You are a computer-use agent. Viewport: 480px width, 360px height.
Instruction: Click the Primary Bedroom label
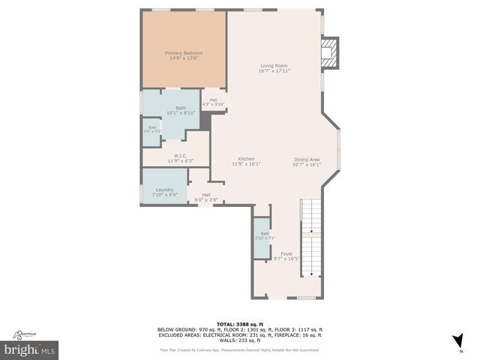pos(184,53)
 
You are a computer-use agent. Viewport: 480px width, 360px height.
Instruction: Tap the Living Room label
pos(274,65)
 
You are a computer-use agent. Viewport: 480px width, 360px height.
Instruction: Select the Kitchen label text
pos(247,159)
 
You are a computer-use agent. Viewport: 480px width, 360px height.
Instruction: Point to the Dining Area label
pos(307,159)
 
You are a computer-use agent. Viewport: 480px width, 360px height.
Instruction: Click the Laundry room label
pos(165,190)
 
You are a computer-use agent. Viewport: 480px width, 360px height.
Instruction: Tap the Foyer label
pos(286,253)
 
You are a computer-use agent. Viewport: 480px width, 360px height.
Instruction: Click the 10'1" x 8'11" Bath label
pos(181,108)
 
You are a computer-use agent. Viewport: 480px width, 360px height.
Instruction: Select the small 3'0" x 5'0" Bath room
pos(152,129)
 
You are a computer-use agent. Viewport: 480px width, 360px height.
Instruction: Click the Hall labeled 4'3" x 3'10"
pos(214,101)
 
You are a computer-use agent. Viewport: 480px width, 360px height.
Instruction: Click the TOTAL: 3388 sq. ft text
pos(239,323)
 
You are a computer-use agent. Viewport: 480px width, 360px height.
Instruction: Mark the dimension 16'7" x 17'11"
pos(274,70)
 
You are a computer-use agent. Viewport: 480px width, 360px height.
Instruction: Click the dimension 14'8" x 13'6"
pos(184,58)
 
